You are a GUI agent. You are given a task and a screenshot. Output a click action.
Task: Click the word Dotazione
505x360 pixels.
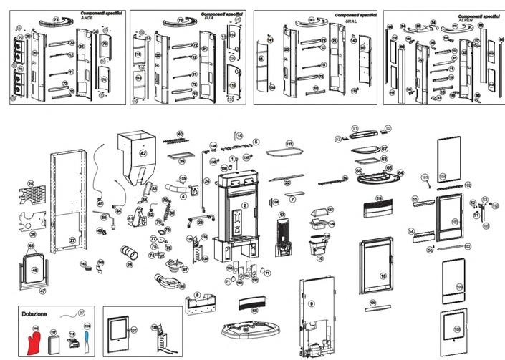click(x=35, y=313)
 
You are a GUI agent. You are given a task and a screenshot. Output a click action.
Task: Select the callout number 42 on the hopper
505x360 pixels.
click(x=143, y=154)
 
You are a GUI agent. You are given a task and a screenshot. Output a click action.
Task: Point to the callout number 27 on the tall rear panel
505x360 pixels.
click(x=72, y=240)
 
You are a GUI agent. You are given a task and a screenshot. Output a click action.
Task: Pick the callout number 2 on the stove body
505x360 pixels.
click(x=244, y=205)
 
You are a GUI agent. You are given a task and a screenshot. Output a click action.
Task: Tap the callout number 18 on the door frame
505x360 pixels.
click(x=383, y=276)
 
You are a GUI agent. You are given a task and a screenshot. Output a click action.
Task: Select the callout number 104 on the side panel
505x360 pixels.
click(x=442, y=175)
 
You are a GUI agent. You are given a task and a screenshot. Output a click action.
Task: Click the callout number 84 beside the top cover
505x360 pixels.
click(x=400, y=173)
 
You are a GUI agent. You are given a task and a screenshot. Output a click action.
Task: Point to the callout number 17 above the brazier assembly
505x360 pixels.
click(x=282, y=215)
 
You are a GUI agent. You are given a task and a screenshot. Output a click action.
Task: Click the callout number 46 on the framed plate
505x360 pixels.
click(x=34, y=271)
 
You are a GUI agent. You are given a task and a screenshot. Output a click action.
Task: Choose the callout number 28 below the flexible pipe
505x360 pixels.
click(x=130, y=265)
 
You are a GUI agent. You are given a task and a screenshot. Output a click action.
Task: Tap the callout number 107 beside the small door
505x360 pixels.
click(x=133, y=330)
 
